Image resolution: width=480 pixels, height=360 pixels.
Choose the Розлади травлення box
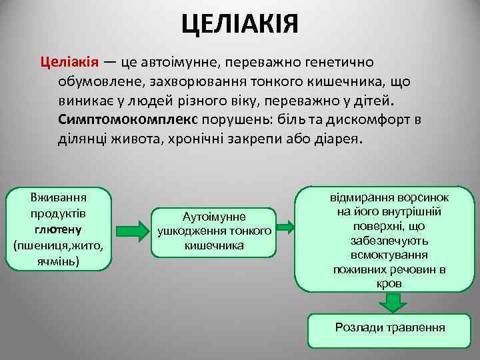(x=390, y=328)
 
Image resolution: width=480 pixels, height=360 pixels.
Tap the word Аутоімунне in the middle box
(x=213, y=217)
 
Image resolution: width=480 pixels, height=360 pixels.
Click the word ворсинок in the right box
(x=420, y=199)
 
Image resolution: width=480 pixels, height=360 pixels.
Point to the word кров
(x=391, y=283)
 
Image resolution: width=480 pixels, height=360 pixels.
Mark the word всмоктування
(x=391, y=255)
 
